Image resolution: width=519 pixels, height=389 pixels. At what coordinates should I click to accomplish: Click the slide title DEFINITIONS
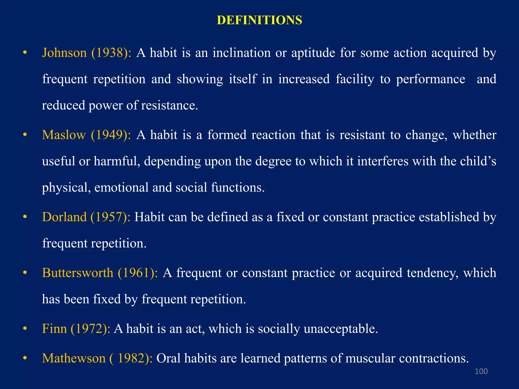click(x=259, y=20)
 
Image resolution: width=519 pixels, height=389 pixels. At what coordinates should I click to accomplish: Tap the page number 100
click(x=481, y=371)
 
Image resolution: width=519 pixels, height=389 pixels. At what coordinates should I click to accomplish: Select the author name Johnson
click(x=64, y=53)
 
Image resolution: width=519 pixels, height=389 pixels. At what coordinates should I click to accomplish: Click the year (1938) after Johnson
click(x=111, y=53)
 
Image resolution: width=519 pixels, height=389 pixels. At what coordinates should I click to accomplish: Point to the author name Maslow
click(x=64, y=135)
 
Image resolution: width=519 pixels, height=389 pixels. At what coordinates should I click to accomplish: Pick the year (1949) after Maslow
click(x=111, y=135)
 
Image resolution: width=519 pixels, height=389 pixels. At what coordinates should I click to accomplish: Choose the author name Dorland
click(x=64, y=217)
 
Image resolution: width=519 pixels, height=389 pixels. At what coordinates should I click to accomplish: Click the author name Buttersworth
click(x=78, y=273)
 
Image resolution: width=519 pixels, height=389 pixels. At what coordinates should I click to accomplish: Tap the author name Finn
click(x=54, y=329)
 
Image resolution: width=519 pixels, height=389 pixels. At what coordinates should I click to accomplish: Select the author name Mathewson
click(x=74, y=358)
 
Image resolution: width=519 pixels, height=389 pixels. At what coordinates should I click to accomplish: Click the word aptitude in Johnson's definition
click(x=313, y=53)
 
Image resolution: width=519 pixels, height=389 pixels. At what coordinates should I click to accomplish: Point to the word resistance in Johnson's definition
click(x=169, y=105)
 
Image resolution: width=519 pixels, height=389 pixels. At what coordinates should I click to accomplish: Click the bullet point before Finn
click(x=25, y=329)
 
